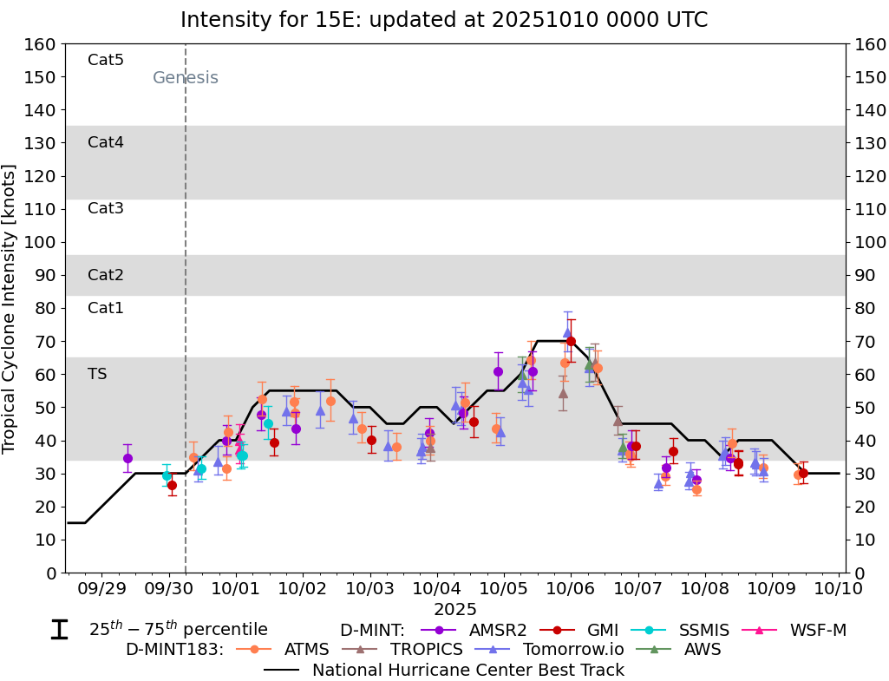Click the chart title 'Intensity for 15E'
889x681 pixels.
444,19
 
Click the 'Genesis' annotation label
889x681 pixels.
185,78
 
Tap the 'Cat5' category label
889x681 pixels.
106,60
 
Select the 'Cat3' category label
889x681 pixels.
106,208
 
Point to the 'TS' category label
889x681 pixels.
97,374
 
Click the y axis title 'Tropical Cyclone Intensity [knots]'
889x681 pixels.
10,308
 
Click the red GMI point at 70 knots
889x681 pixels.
571,341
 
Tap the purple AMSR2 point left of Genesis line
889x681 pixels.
127,458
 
